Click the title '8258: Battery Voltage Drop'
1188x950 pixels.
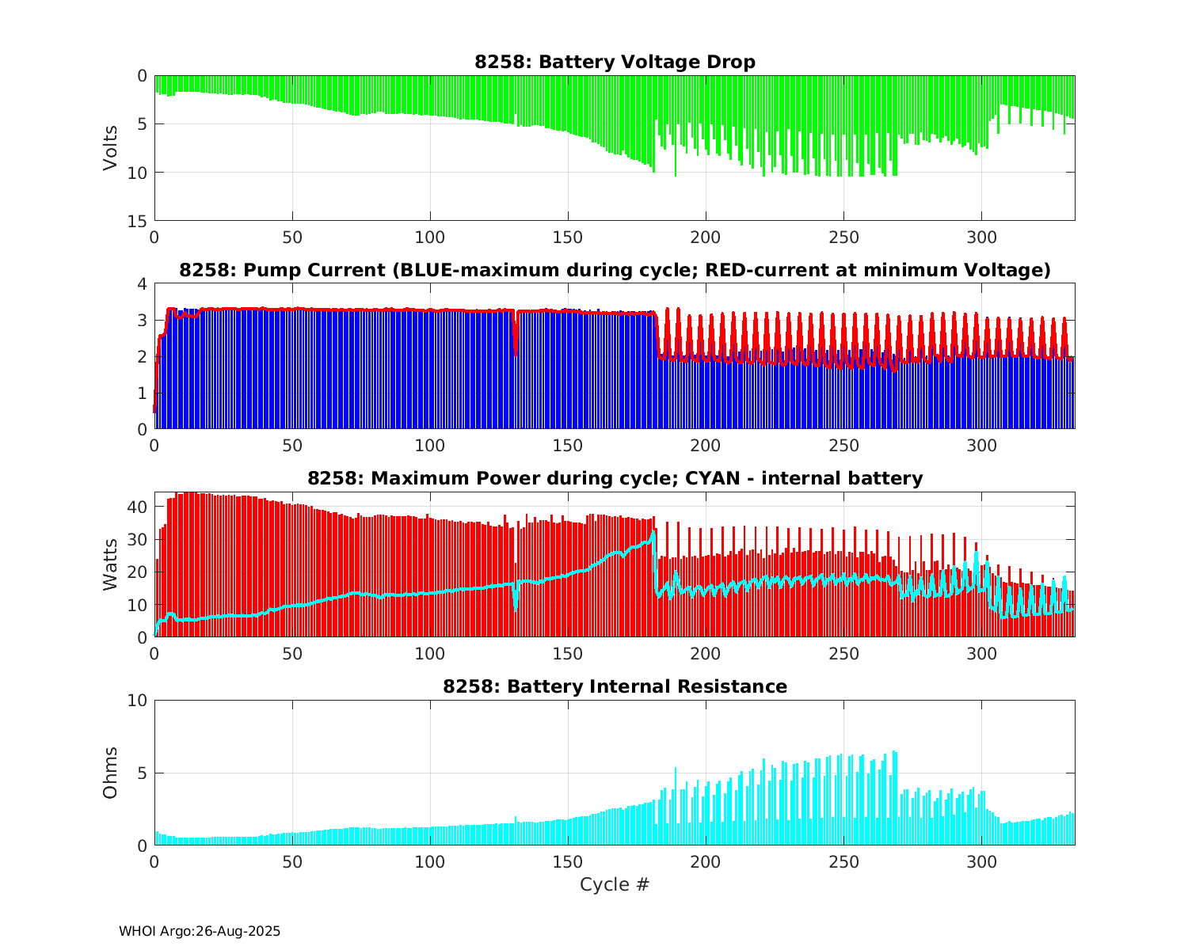615,62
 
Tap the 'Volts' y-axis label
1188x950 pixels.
110,148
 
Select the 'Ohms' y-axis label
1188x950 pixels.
110,773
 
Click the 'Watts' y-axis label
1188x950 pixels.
110,564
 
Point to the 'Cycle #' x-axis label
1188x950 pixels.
615,884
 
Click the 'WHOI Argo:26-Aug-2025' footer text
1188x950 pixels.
200,932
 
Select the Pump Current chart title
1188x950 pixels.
615,271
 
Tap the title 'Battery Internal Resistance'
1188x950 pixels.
615,686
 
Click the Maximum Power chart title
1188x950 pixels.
615,478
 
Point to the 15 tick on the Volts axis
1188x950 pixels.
139,221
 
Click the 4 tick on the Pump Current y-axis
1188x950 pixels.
143,283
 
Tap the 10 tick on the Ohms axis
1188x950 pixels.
139,701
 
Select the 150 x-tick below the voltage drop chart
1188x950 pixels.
568,237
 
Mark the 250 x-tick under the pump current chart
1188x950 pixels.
843,445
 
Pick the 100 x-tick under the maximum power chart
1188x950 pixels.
430,653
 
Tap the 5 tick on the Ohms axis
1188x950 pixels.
143,773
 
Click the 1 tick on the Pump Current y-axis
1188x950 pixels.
143,393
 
